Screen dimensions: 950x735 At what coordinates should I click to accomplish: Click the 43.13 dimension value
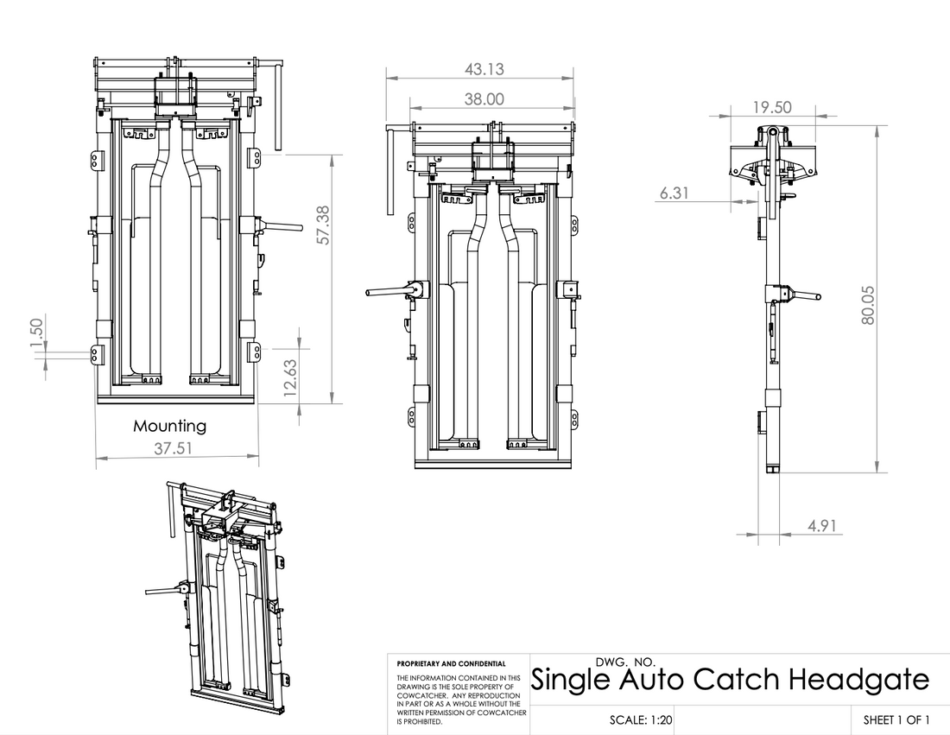point(484,69)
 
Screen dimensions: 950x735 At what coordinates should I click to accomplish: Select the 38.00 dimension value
point(484,98)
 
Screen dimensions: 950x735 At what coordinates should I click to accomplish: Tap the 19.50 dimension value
point(772,107)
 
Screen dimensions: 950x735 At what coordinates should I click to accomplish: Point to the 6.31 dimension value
point(674,193)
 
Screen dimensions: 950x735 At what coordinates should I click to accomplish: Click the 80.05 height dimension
point(868,305)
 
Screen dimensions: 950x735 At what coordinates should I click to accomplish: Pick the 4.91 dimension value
point(821,525)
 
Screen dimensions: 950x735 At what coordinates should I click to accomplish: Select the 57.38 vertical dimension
point(323,225)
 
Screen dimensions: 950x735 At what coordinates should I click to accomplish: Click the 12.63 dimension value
point(290,378)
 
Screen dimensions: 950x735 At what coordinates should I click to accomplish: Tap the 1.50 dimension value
point(36,334)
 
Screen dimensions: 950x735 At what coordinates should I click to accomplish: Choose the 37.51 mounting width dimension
point(173,448)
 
